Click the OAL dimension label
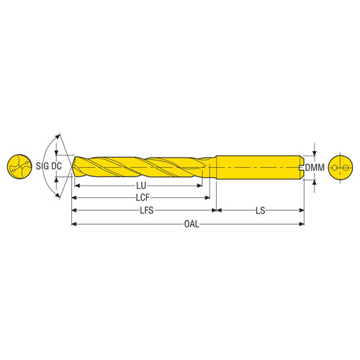[189, 224]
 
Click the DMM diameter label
[315, 168]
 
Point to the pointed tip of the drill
[72, 168]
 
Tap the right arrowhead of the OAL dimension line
[301, 224]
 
